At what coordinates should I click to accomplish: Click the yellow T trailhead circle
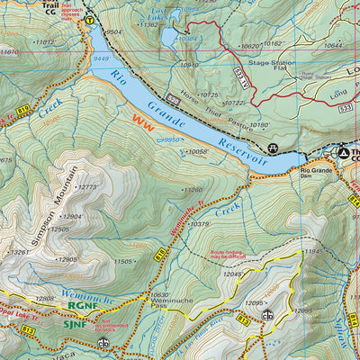coord(89,19)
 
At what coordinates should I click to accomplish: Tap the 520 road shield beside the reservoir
coord(172,94)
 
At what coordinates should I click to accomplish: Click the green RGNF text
coord(83,305)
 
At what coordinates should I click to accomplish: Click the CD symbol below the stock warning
coord(104,343)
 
